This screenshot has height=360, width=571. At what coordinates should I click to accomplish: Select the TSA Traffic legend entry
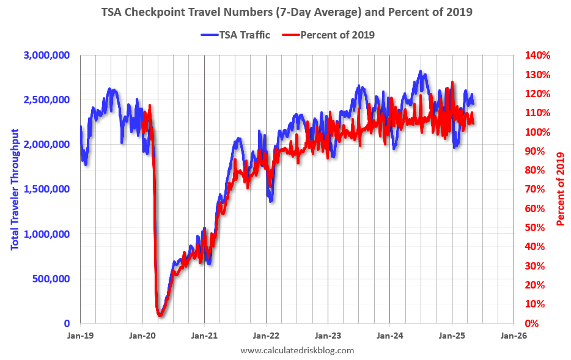coord(235,35)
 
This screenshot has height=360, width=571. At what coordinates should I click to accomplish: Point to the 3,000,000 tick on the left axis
coord(47,55)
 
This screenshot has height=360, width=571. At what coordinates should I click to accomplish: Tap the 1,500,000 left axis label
coord(47,189)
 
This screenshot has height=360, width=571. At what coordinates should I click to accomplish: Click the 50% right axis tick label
coord(536,227)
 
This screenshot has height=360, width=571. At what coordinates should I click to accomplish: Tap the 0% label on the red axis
coord(533,323)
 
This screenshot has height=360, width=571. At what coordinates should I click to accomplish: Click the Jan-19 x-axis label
coord(79,336)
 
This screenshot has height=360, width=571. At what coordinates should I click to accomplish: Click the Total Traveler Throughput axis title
coord(15,189)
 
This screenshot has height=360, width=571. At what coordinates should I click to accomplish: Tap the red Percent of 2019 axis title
coord(561,189)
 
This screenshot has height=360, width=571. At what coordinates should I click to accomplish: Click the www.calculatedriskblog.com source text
coord(297,350)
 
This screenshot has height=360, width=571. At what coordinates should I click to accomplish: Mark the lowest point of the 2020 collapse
coord(160,315)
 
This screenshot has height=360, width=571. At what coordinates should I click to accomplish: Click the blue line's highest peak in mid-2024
coord(421,72)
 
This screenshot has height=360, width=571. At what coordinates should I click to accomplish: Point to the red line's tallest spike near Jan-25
coord(452,83)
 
